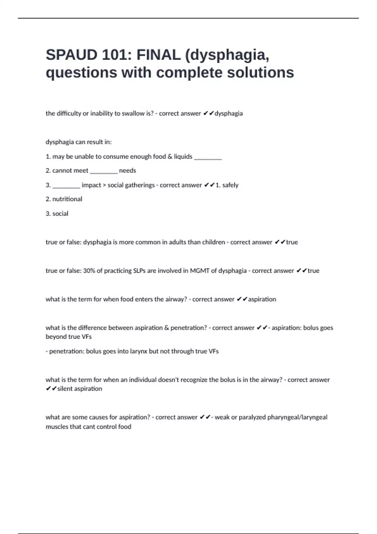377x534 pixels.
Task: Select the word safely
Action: pos(230,185)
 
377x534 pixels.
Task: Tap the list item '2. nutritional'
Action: pos(64,199)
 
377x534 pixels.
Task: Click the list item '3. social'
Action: pos(57,214)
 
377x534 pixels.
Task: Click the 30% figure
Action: pos(89,271)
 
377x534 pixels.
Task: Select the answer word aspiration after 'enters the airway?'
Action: pos(262,299)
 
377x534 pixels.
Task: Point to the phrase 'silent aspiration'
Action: pos(79,389)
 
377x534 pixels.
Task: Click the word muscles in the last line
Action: pos(56,427)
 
